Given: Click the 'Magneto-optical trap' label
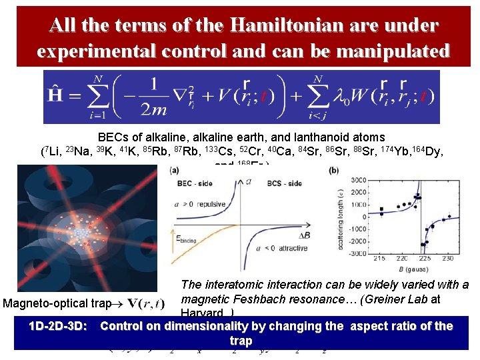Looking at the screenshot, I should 57,304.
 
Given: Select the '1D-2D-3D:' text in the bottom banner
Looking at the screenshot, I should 58,327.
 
